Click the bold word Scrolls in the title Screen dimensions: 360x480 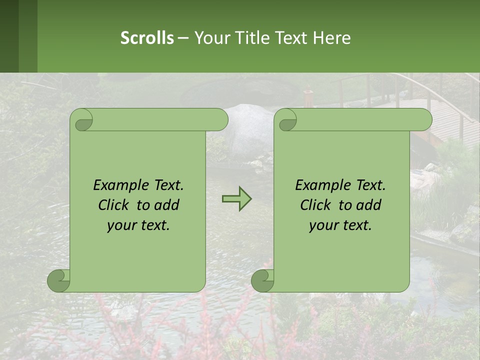pos(147,38)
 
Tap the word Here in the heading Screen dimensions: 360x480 pos(332,38)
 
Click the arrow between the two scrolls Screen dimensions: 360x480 pos(236,199)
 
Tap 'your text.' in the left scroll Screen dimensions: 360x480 pos(138,225)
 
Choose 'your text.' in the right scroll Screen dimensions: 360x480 pos(340,225)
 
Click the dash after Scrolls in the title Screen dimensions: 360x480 pos(183,38)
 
